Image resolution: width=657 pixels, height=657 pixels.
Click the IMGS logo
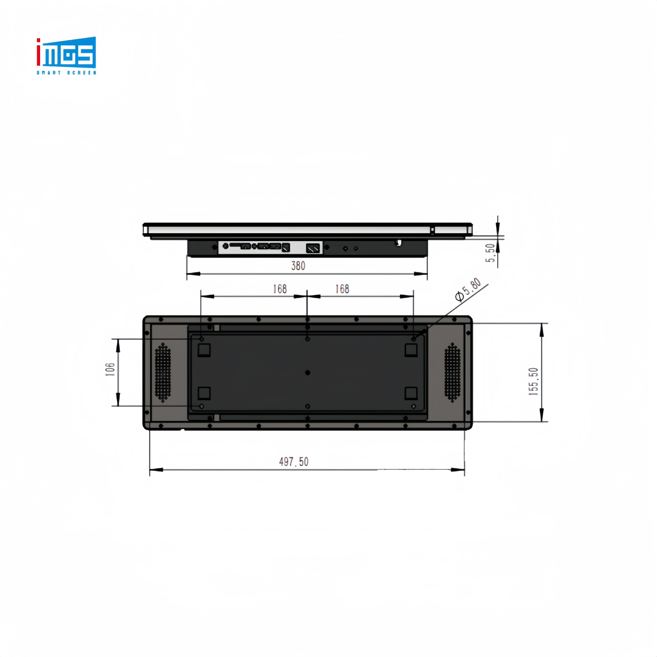pos(66,53)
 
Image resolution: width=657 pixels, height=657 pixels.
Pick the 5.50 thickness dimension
pos(490,253)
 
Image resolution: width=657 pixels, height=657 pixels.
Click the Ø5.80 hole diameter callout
pos(469,290)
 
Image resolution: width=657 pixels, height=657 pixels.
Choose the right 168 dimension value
pos(342,289)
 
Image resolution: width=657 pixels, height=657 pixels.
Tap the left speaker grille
pos(163,372)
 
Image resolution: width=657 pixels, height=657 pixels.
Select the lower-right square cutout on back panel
pos(411,393)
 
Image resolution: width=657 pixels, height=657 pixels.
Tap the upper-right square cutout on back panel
pos(411,350)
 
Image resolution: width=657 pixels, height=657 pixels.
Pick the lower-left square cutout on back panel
pos(204,393)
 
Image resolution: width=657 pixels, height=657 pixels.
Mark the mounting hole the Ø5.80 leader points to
pos(414,339)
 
